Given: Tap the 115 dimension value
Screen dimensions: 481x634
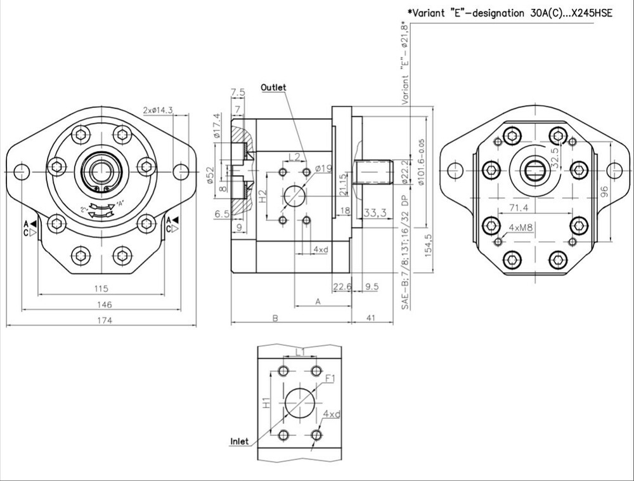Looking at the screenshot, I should click(x=102, y=289).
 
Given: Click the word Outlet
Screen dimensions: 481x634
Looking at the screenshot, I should click(x=273, y=88).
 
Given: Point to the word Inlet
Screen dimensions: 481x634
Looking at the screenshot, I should click(x=239, y=442).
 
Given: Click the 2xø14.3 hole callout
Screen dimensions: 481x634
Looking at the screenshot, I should click(x=158, y=110).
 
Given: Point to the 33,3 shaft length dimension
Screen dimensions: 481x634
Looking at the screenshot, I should click(x=376, y=212).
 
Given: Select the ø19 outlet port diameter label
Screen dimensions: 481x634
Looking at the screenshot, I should click(x=324, y=168).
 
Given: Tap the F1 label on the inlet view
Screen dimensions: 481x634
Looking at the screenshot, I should click(x=330, y=379).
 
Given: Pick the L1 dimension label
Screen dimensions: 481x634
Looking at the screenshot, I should click(x=301, y=351).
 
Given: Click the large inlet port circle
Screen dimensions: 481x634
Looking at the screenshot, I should click(x=299, y=402).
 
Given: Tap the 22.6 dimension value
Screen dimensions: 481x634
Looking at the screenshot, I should click(x=342, y=286).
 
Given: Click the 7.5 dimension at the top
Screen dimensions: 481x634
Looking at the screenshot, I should click(x=238, y=93).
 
